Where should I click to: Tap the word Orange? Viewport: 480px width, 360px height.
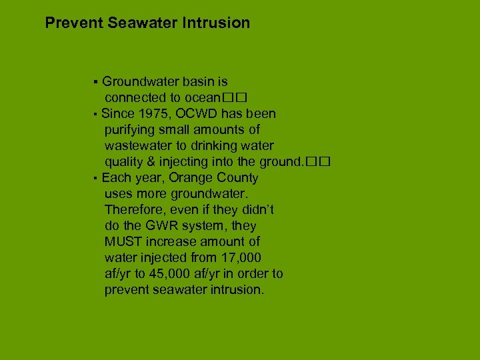coord(190,178)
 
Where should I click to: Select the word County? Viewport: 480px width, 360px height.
coord(236,178)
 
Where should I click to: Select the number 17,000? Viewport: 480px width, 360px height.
coord(237,258)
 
